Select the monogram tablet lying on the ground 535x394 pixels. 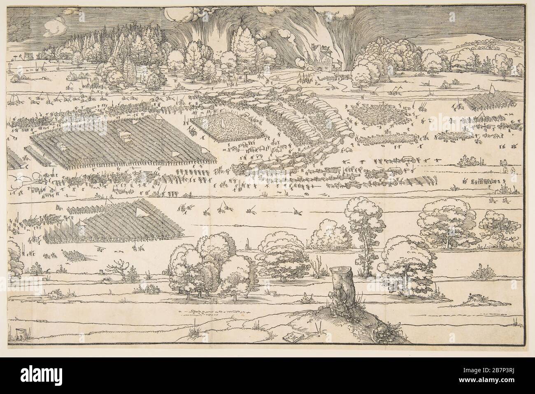[293, 337]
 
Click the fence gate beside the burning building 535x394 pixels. [329, 75]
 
